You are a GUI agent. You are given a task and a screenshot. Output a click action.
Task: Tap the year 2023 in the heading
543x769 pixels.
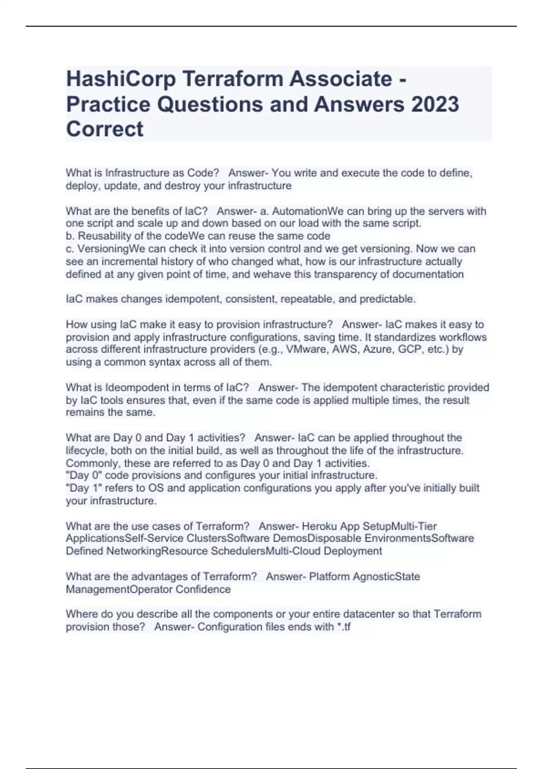[435, 104]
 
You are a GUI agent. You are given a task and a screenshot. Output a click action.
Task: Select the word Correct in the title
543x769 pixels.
[105, 129]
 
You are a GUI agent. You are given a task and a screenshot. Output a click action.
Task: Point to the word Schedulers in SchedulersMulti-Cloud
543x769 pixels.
[238, 551]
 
